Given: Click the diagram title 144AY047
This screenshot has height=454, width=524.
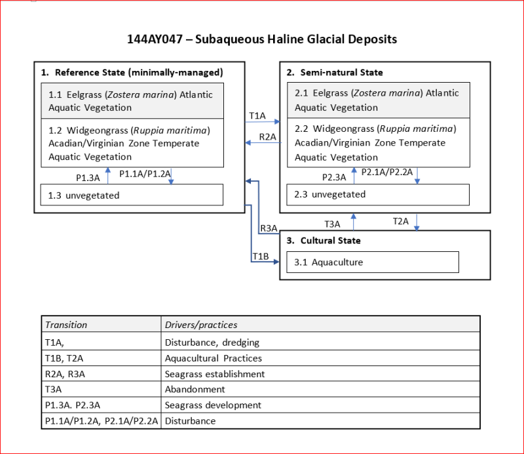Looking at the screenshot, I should coord(262,39).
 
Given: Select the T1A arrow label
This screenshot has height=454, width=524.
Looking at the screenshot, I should coord(257,115).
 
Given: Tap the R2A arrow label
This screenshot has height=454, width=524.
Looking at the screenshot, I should coord(267,136).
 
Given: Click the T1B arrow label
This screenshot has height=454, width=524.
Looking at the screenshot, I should coord(261,255).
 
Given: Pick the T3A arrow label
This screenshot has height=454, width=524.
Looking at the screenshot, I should coord(333,224).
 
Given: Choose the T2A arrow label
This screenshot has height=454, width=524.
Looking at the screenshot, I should coord(400,221).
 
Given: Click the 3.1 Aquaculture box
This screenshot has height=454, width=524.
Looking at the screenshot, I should coord(372,262).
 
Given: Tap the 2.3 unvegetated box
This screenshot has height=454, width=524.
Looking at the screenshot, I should coord(378,194).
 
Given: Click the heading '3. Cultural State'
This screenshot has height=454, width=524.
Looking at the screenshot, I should coord(324,241).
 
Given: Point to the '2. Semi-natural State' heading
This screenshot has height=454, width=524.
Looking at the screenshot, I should coord(335,72).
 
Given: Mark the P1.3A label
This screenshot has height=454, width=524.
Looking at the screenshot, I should coord(87,177).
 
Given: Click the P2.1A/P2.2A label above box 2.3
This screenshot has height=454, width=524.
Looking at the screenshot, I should coord(387,172).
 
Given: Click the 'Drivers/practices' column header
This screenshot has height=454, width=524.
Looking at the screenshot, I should coord(201,325).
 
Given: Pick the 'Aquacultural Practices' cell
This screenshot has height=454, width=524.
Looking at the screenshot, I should coord(213,358).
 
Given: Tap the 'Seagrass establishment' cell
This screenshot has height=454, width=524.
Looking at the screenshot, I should coord(215,374).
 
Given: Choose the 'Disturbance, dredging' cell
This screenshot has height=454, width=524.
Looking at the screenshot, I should coord(212,342).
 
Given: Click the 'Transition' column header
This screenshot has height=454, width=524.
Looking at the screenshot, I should coord(65,325).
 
